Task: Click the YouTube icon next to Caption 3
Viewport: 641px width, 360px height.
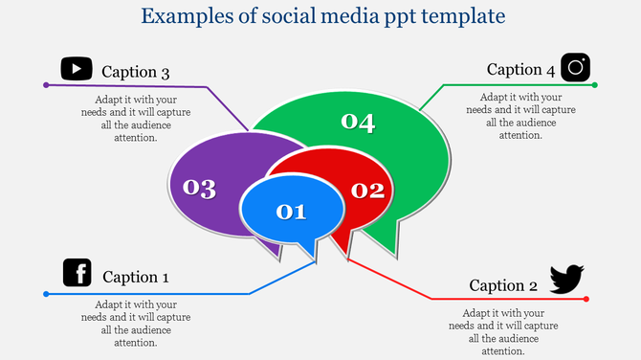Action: coord(77,69)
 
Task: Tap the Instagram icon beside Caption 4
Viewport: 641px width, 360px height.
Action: coord(575,67)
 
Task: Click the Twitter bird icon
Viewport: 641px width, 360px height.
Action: coord(565,280)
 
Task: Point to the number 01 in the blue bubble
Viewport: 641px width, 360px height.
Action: coord(291,212)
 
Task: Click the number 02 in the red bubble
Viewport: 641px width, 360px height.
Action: coord(366,190)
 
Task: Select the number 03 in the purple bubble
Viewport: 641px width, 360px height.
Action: coord(199,188)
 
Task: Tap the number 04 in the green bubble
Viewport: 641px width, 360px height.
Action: coord(358,122)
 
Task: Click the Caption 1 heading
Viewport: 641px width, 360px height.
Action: coord(136,277)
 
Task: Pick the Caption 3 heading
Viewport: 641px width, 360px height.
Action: coord(136,73)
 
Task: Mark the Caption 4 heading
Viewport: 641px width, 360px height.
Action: coord(520,69)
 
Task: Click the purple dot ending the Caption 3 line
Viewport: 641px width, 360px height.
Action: coord(46,85)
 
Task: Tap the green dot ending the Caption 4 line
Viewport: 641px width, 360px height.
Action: coord(595,85)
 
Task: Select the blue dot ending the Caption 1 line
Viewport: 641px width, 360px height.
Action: coord(46,294)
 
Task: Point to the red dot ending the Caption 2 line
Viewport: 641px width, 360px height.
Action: coord(586,299)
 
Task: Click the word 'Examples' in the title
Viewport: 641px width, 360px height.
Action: coord(183,16)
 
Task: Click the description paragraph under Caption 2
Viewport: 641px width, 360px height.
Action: coord(503,331)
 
